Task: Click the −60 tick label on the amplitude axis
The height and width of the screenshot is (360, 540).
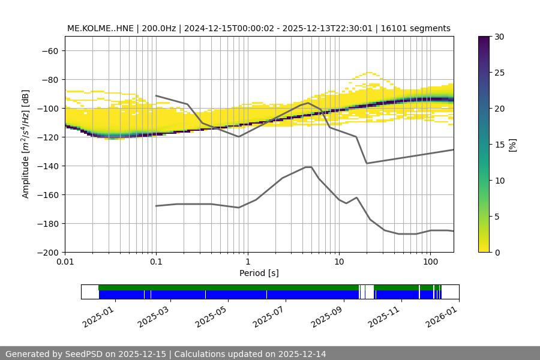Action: (49, 50)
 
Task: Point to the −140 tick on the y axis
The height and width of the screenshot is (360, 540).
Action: (49, 166)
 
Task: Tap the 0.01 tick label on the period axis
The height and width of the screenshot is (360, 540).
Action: (65, 262)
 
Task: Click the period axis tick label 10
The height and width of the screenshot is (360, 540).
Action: (338, 262)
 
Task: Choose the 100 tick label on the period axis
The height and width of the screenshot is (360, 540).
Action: (430, 262)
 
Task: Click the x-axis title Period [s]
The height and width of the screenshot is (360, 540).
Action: (259, 273)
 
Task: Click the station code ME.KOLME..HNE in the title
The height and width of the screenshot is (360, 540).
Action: (100, 28)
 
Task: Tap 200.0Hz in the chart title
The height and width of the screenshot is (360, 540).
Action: (160, 28)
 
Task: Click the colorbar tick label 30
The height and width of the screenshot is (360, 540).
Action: (500, 37)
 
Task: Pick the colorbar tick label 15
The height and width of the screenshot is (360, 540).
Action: (500, 145)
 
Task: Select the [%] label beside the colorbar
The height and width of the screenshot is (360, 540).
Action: (512, 145)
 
